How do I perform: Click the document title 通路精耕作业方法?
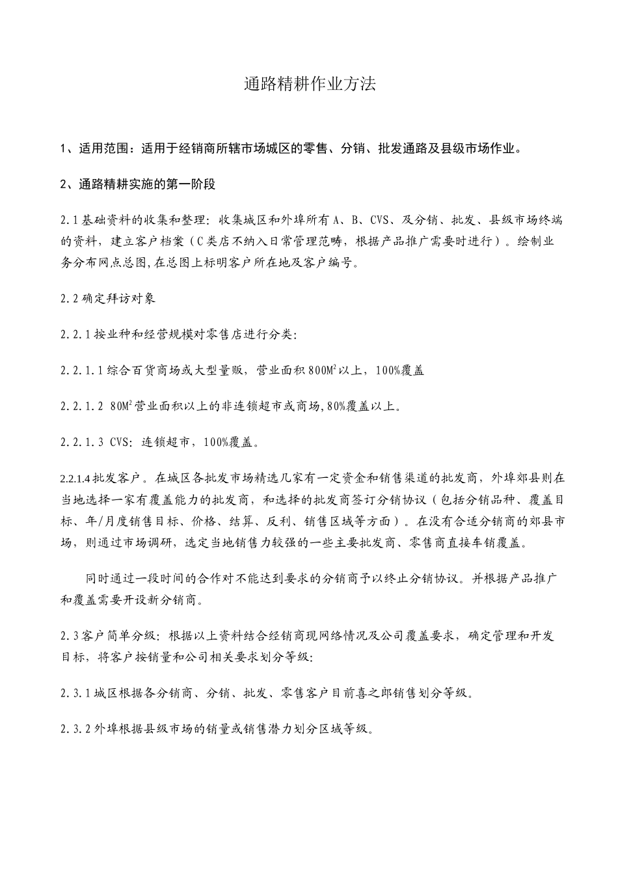(310, 83)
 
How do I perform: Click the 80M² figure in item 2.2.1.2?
(122, 406)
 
